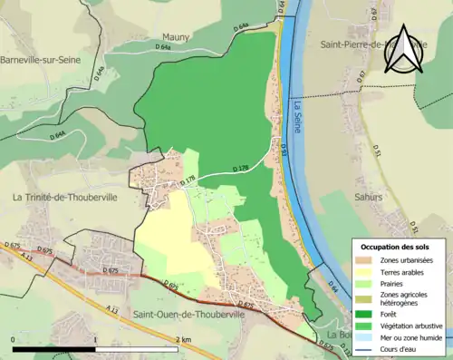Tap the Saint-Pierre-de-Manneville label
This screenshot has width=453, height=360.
coord(371,44)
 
